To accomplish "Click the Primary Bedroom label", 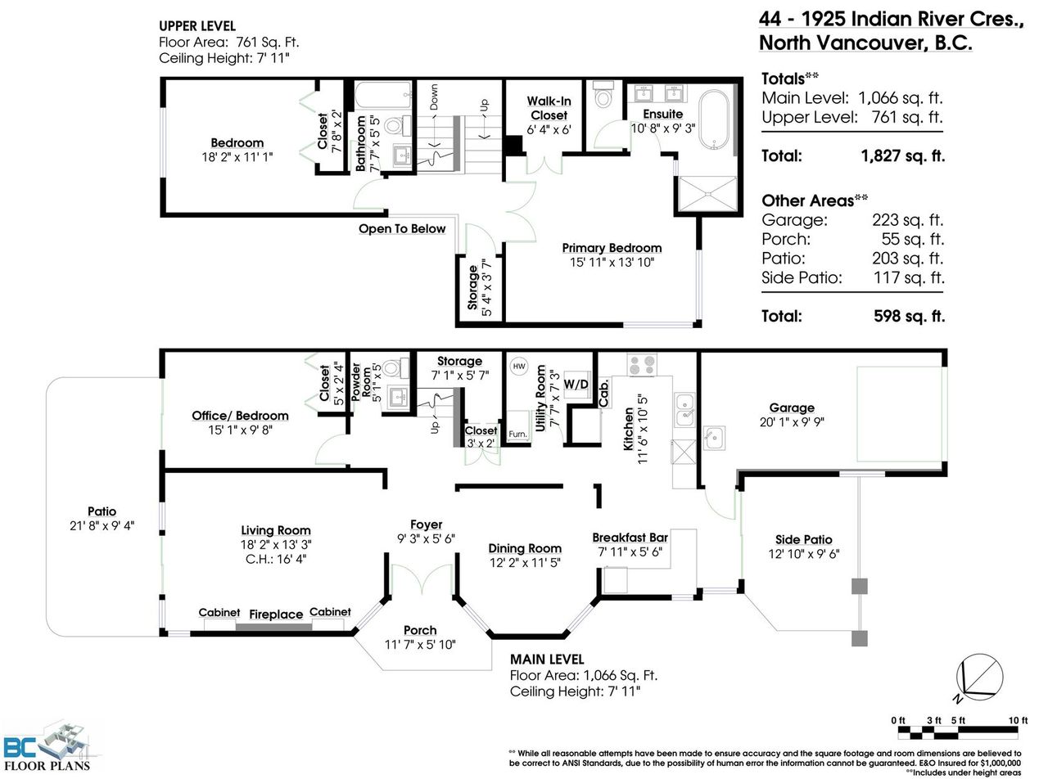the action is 612,248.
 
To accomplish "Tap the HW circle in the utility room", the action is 519,366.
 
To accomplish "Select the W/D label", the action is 576,384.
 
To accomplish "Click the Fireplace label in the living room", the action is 276,615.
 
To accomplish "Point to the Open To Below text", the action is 402,228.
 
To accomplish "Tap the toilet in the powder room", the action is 395,368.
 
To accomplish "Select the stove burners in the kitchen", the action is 642,365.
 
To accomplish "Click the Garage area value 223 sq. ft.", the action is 907,219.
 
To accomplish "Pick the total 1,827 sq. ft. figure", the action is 902,156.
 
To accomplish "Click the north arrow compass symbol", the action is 978,678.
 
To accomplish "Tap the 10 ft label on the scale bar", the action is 1018,720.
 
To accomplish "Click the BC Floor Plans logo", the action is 47,748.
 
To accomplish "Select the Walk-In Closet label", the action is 549,108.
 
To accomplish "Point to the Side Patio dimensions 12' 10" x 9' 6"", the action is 804,554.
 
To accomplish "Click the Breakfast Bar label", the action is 630,538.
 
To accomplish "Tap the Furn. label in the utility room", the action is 517,435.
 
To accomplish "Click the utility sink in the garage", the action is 714,438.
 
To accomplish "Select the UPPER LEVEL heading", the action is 197,26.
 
